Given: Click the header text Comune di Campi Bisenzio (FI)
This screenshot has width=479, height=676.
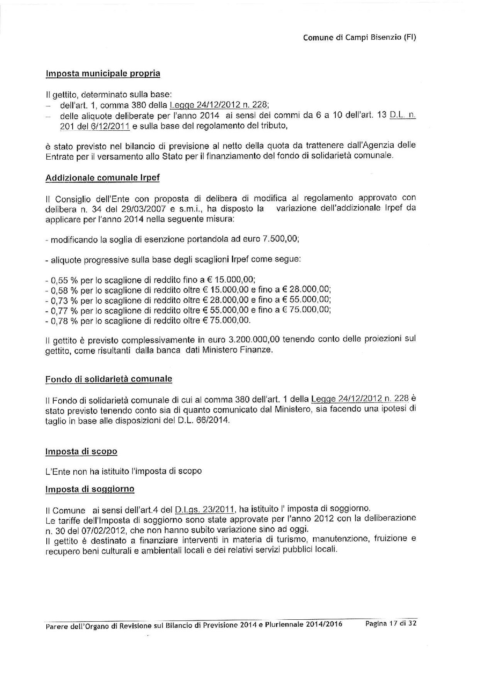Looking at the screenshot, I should pos(359,37).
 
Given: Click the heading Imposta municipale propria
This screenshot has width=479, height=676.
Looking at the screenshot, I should pos(103,73).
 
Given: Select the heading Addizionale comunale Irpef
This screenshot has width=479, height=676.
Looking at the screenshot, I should pos(102,178).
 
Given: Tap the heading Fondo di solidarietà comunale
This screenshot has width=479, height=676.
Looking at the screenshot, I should pos(109,379).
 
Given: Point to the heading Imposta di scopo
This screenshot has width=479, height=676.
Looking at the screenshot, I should pos(81,451).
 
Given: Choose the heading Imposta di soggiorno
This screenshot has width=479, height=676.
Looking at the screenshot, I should pos(90,489).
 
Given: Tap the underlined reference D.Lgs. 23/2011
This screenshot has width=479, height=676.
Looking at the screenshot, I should pos(205,510).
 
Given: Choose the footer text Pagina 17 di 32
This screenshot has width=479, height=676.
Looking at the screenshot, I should pos(391,624).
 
